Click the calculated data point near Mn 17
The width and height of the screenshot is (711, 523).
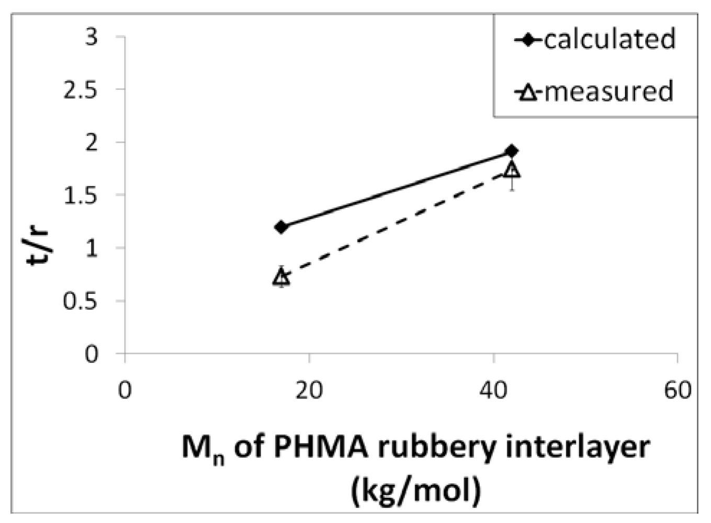click(x=281, y=227)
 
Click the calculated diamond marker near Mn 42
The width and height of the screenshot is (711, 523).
click(x=512, y=151)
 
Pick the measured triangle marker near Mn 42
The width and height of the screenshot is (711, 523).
click(x=512, y=169)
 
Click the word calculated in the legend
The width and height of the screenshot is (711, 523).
click(x=610, y=40)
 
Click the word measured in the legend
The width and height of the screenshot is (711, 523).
click(x=608, y=92)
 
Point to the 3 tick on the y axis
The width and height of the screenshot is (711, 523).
click(x=92, y=37)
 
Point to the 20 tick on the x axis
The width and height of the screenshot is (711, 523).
click(x=309, y=390)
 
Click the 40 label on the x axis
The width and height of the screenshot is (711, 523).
click(x=493, y=390)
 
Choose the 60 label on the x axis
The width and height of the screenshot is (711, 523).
click(x=678, y=390)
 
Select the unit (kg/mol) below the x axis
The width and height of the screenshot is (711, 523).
click(x=416, y=491)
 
